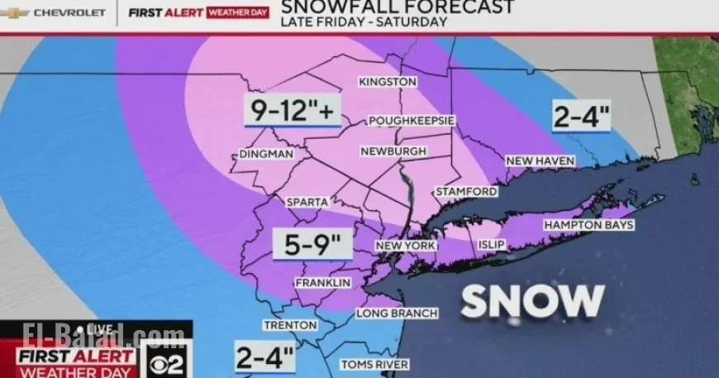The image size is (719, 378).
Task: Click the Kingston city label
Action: (387, 82)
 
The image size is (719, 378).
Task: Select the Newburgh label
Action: (393, 151)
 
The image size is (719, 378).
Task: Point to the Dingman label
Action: (266, 155)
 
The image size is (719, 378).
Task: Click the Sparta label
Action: (307, 202)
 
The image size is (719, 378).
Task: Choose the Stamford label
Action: (467, 192)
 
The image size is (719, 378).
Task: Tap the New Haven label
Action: (540, 160)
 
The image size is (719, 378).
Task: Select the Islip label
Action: (492, 246)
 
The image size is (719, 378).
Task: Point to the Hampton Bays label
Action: (588, 225)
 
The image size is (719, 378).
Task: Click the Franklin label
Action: (323, 283)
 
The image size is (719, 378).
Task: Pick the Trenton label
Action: (290, 325)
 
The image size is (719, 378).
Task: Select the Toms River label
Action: (374, 364)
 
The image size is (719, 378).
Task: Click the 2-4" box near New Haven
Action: (581, 117)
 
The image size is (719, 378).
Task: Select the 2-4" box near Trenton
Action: (264, 357)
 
